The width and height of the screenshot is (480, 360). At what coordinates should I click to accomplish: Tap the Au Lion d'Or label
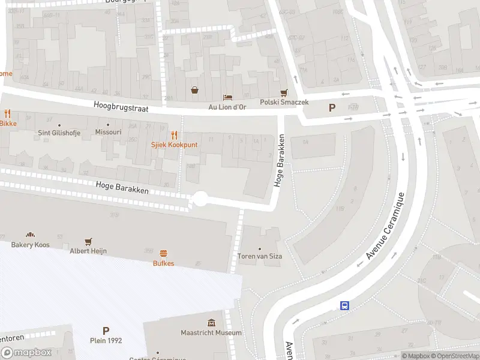227,107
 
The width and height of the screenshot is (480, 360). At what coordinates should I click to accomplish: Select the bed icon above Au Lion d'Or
227,97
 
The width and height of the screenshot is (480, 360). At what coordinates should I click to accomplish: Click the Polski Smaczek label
284,103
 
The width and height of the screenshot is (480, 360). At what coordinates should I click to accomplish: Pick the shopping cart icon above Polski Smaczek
284,92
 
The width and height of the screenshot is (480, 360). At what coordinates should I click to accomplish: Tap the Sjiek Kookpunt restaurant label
175,145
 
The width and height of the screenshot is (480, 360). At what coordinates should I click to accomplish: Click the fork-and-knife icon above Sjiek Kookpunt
175,135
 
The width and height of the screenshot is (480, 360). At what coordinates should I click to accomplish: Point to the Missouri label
109,132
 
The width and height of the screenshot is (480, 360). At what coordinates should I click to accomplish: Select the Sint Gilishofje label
59,132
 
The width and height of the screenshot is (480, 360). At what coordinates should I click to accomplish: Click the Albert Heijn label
88,251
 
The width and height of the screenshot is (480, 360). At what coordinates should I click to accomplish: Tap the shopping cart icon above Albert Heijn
88,241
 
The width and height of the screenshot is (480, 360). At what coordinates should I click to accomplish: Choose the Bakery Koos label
29,245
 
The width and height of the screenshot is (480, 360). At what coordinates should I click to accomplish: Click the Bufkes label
163,263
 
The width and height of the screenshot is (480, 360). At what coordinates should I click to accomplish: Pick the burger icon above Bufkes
163,253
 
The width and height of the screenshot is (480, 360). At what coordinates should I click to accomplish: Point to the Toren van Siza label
260,256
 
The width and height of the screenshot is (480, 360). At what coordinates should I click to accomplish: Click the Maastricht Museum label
211,333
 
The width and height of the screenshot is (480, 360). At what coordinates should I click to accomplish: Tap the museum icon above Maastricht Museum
211,323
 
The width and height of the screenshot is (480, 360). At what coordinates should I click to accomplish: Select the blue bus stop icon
345,306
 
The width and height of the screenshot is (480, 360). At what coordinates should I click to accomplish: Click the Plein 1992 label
106,341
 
